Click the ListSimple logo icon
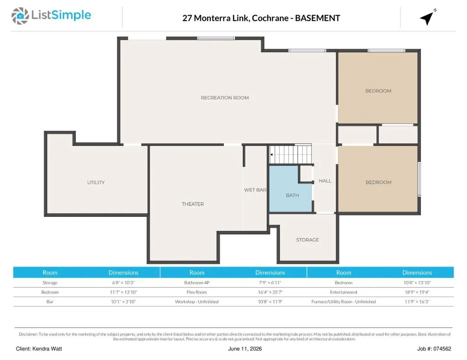(20, 16)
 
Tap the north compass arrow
(427, 18)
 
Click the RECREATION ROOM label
(224, 98)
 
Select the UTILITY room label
(96, 182)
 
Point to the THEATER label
(193, 204)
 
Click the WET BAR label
(255, 190)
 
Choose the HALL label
(325, 180)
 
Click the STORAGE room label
(307, 240)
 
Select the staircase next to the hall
(291, 154)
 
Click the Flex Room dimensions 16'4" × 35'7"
(270, 292)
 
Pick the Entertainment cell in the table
(343, 292)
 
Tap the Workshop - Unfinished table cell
(197, 302)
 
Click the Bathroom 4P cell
(197, 283)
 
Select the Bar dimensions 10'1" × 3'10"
(123, 302)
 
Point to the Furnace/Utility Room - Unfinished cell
(343, 302)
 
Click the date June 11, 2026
(245, 349)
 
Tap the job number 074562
(442, 349)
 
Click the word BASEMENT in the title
(317, 18)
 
